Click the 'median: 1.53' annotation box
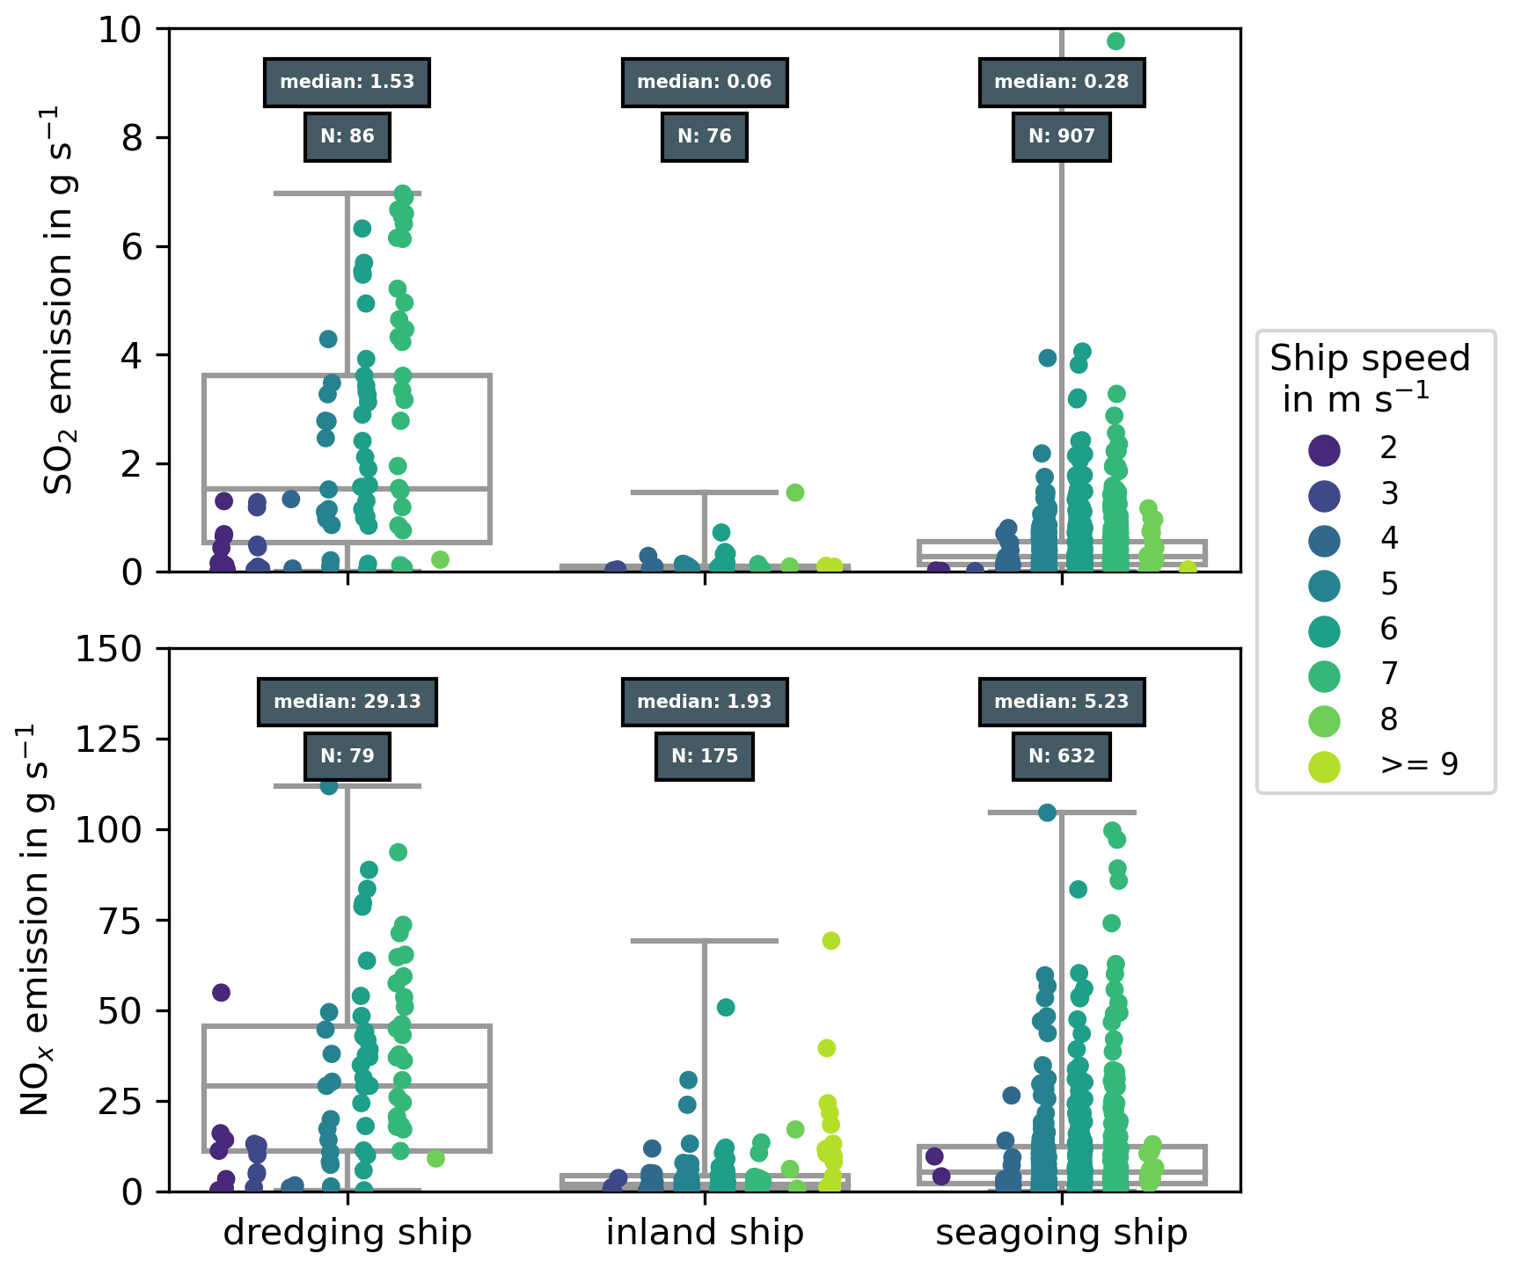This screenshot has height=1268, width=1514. point(347,83)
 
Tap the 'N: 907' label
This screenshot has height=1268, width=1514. point(1061,136)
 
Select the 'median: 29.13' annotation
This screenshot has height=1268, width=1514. point(347,702)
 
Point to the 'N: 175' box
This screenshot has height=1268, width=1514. point(704,756)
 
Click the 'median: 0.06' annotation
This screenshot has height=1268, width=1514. point(704,83)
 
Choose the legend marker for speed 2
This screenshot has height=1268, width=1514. point(1324,450)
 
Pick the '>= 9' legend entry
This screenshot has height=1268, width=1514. point(1418,765)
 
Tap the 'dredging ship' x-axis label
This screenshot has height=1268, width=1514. point(347,1233)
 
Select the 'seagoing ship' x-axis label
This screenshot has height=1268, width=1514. point(1061,1233)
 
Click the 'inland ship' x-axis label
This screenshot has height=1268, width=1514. point(704,1233)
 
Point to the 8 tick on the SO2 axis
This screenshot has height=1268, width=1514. point(131,138)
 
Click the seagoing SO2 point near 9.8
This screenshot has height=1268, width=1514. point(1115,41)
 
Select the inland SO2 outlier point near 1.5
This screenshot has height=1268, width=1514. point(794,492)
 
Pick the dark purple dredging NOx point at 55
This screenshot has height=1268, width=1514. point(221,993)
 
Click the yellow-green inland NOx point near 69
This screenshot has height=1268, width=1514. point(830,941)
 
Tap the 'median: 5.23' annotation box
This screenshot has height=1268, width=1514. point(1061,702)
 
